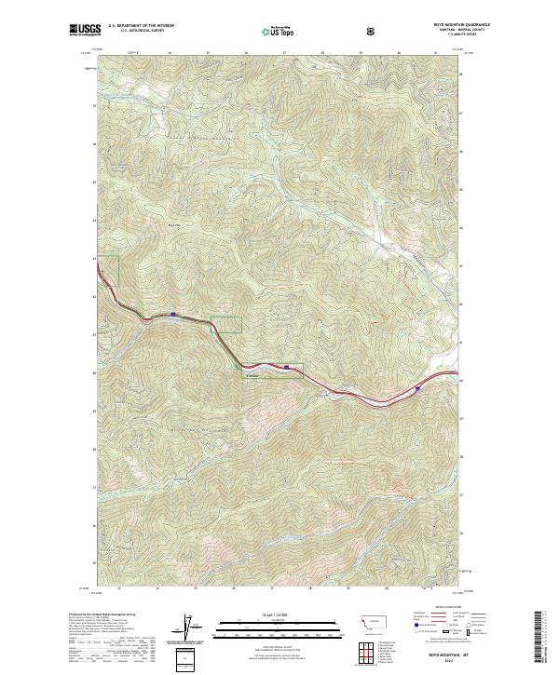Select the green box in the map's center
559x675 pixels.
click(x=225, y=324)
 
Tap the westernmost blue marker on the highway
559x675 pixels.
click(x=173, y=315)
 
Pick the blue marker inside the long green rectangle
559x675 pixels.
click(x=287, y=368)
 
